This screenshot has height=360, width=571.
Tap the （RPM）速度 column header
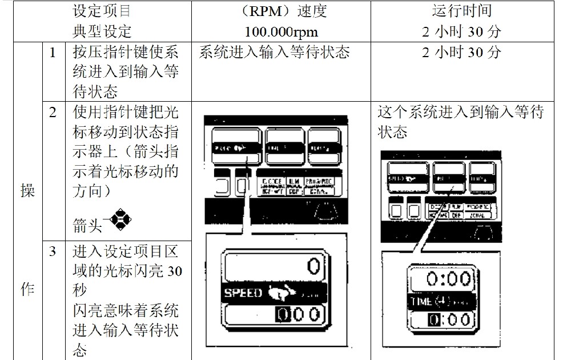click(281, 11)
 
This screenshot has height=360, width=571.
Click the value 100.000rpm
click(281, 31)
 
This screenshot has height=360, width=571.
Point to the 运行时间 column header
click(462, 11)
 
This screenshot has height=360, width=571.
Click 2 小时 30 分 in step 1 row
click(462, 53)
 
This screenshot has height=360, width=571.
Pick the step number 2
click(53, 113)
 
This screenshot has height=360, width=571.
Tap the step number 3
click(53, 251)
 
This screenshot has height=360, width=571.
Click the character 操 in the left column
click(28, 191)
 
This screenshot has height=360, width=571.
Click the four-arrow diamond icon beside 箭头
click(120, 221)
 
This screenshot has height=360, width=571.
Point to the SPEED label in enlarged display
click(243, 293)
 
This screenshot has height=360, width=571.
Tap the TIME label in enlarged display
click(421, 301)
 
